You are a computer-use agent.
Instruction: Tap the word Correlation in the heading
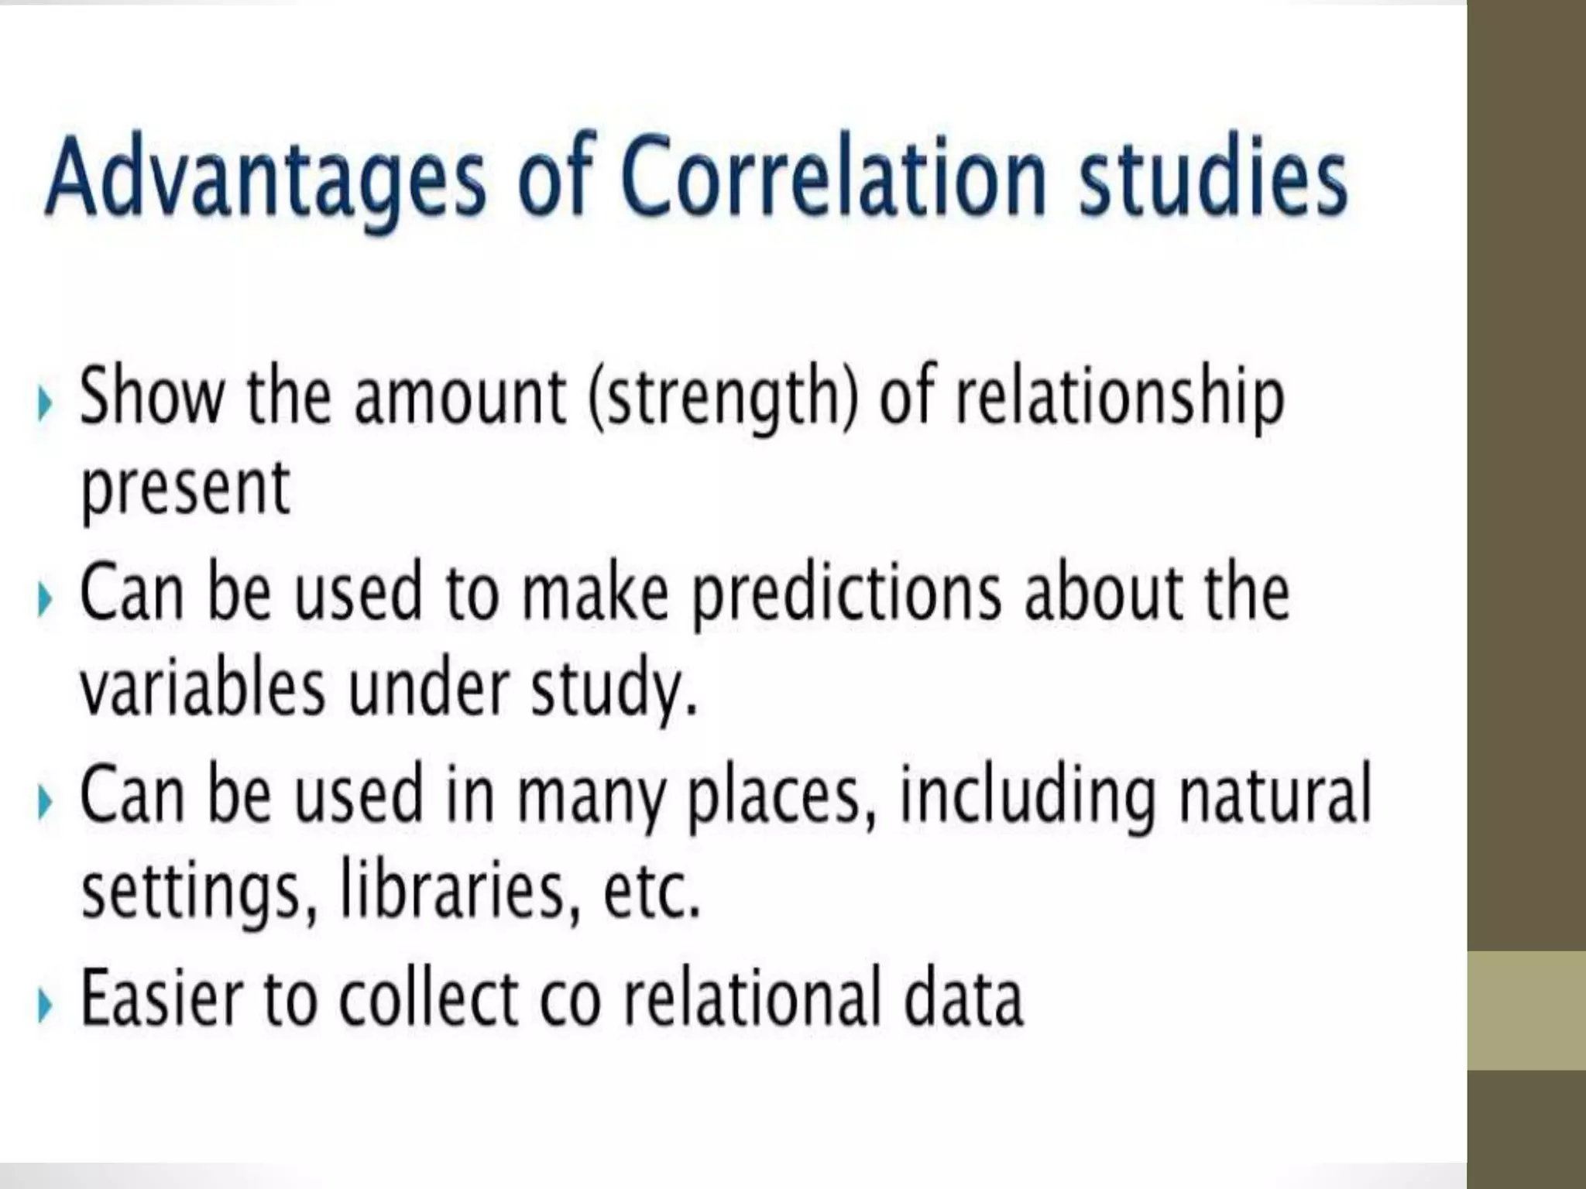tap(833, 176)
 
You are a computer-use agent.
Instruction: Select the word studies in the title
tap(1214, 176)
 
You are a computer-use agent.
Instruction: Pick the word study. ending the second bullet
tap(613, 689)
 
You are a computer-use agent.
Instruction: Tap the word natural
tap(1275, 794)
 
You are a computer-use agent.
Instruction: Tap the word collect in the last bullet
tap(429, 998)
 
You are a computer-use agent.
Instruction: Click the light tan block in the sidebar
tap(1526, 1010)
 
